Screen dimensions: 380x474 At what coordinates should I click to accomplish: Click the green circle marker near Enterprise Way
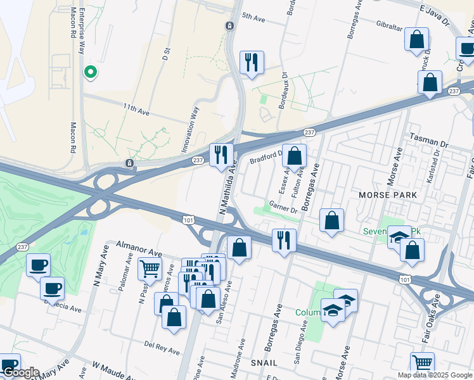pyautogui.click(x=91, y=72)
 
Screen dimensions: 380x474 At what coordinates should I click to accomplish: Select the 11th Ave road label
pyautogui.click(x=136, y=108)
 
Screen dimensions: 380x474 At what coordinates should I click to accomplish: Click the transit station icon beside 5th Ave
pyautogui.click(x=229, y=26)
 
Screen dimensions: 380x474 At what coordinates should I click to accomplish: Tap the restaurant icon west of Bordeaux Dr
pyautogui.click(x=252, y=63)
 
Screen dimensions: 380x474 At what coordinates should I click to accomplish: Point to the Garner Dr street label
pyautogui.click(x=283, y=208)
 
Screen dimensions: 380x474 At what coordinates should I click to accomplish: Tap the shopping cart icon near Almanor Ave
pyautogui.click(x=150, y=268)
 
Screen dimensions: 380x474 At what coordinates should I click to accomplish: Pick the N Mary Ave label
pyautogui.click(x=98, y=274)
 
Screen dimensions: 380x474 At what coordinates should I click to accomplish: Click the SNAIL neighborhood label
pyautogui.click(x=264, y=362)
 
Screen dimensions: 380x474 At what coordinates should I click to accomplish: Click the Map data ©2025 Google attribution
pyautogui.click(x=434, y=375)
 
